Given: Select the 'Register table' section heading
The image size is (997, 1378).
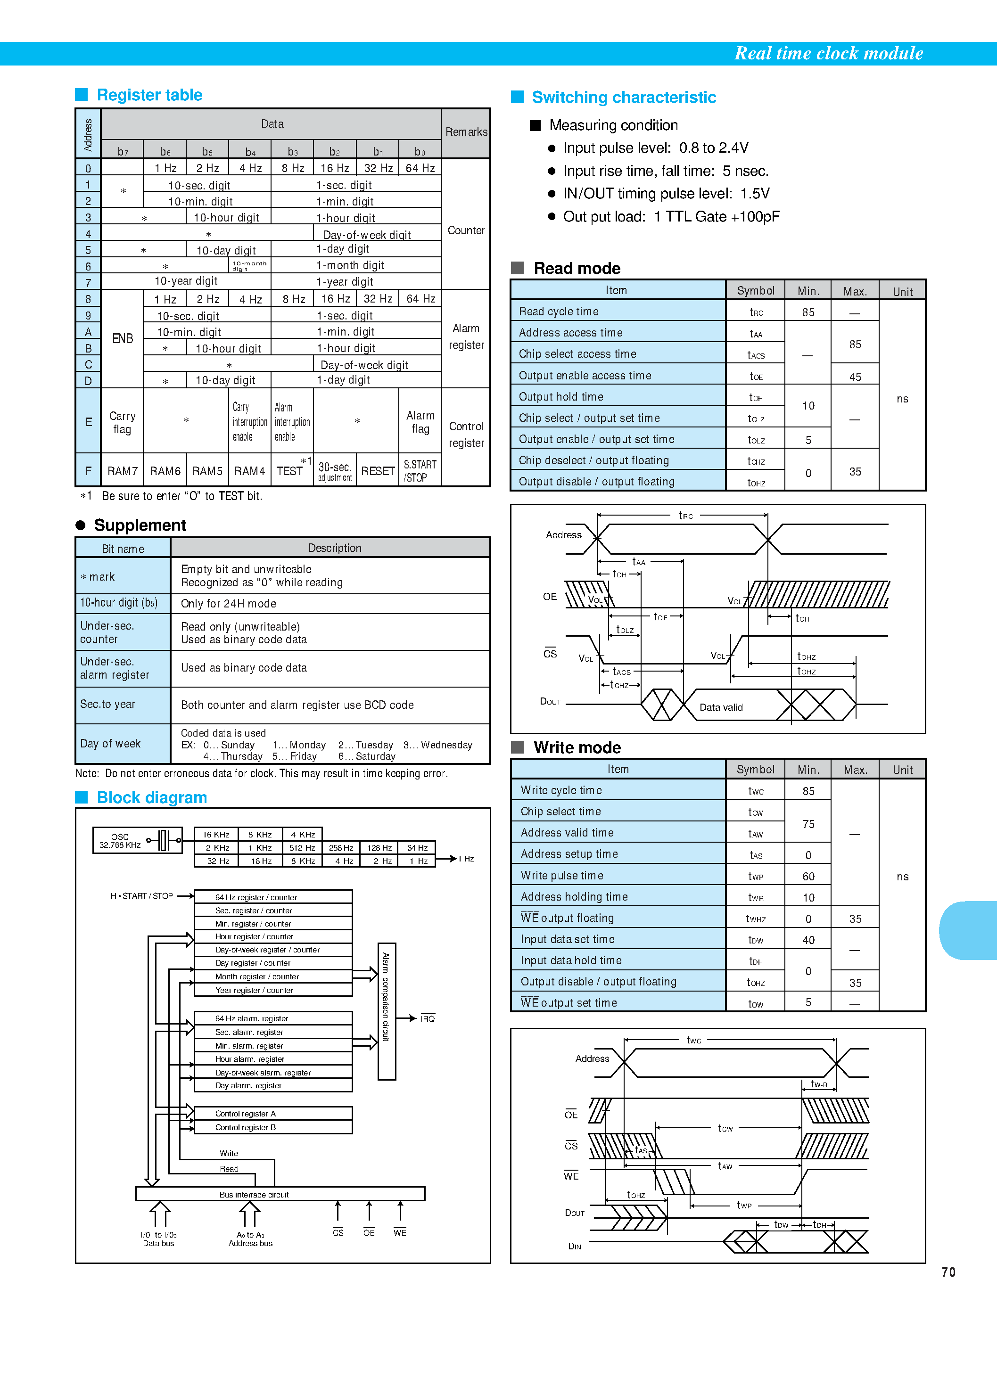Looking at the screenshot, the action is click(149, 95).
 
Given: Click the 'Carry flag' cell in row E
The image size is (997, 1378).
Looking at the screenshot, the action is click(122, 422).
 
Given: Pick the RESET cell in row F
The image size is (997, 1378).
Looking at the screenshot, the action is click(378, 471).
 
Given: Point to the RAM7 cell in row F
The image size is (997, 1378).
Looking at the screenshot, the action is click(122, 471).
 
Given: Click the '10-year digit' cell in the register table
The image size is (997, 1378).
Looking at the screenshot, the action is click(186, 281).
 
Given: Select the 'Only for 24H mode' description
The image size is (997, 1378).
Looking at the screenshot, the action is click(229, 603).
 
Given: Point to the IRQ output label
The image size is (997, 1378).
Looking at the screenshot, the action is click(428, 1018).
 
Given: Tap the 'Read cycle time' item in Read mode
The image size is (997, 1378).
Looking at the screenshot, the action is click(559, 312).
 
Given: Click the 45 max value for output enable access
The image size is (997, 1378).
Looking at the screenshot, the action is click(855, 377).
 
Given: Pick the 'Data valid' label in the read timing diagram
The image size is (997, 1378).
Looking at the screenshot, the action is click(721, 707).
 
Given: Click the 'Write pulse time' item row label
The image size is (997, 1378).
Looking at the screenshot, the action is click(562, 876).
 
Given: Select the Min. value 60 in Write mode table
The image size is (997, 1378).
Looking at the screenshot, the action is click(808, 876).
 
